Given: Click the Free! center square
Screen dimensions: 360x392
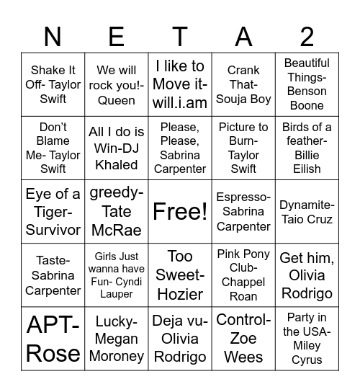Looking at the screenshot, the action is [x=179, y=212].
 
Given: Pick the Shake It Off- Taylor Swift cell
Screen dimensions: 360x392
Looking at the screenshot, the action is [x=53, y=85].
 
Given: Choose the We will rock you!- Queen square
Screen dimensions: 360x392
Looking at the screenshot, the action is [x=116, y=85].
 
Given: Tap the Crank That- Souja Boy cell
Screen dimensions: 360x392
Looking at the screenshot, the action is [x=243, y=85].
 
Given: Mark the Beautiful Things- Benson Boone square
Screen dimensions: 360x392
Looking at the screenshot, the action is [x=307, y=85].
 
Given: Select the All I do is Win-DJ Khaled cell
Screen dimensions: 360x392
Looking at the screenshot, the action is [x=116, y=148].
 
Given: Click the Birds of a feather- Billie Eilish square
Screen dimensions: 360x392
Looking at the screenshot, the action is [x=307, y=148].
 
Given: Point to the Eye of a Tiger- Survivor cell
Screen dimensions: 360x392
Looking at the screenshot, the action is [x=53, y=212].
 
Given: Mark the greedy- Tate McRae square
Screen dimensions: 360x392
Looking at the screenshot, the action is [x=116, y=212].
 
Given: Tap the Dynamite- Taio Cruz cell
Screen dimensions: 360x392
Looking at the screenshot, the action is [x=307, y=212].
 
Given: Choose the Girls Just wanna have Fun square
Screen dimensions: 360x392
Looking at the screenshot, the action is [x=116, y=275].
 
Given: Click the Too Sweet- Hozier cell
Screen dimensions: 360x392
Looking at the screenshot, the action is [x=179, y=275].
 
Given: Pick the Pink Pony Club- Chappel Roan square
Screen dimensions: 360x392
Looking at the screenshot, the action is [x=243, y=275].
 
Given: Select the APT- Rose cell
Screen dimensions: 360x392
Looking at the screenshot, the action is [x=53, y=339].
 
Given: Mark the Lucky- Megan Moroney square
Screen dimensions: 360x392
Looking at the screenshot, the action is [x=116, y=339].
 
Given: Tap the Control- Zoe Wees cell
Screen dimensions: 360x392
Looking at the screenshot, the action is [x=243, y=339].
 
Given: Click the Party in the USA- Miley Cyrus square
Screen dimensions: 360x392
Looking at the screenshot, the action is [x=307, y=339].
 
